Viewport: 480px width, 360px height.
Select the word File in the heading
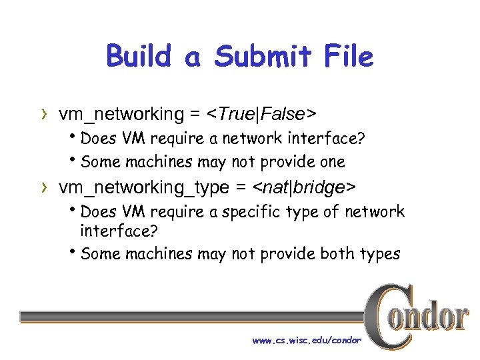tap(349, 56)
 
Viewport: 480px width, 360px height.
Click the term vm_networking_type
tap(143, 189)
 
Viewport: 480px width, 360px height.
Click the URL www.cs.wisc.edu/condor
tap(307, 340)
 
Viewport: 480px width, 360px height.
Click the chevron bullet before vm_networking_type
tap(45, 189)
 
